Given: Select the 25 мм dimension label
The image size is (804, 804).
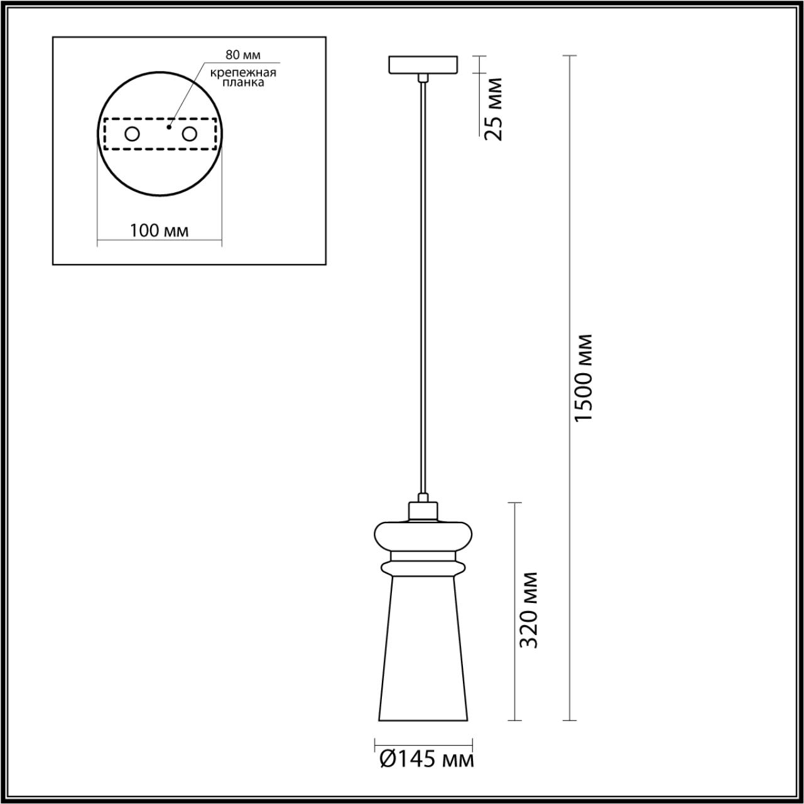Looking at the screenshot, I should point(495,109).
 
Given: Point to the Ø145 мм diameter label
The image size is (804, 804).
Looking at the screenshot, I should point(426,760).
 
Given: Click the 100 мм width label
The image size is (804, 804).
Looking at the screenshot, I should point(159,231).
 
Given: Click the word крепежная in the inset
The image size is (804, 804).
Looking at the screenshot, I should point(243,73).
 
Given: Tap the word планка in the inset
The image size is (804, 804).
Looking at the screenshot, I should point(243,82).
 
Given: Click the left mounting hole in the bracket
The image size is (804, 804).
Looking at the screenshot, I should point(133,134).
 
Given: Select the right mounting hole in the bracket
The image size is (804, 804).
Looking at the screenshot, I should point(189,134).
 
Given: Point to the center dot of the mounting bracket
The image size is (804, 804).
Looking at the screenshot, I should point(168,127).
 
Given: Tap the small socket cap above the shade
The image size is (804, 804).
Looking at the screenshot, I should point(423,511).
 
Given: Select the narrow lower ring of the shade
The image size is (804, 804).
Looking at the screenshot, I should point(423,568).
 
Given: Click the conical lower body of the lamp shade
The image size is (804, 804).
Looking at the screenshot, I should point(423,653).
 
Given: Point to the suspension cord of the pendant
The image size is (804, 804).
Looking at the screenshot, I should point(424,283).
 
